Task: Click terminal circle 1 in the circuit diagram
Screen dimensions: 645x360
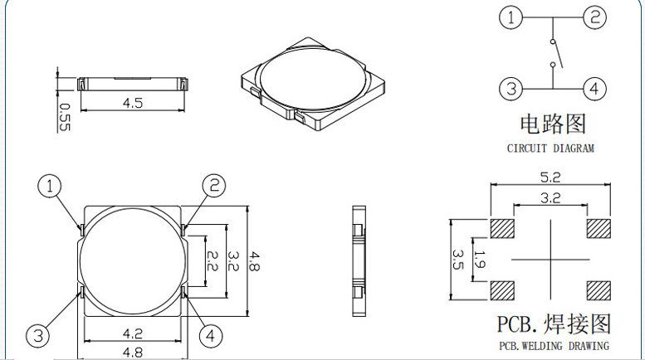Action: pyautogui.click(x=511, y=17)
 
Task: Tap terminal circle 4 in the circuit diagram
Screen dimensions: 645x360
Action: pyautogui.click(x=594, y=89)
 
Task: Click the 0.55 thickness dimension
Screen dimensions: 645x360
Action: pyautogui.click(x=65, y=117)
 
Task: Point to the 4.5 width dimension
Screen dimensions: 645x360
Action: pyautogui.click(x=133, y=103)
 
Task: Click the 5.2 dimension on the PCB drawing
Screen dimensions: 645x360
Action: pyautogui.click(x=550, y=178)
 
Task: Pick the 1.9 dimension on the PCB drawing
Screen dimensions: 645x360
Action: pyautogui.click(x=480, y=260)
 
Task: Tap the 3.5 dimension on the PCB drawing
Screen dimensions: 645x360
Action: pyautogui.click(x=458, y=260)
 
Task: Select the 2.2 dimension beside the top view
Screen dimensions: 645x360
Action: pyautogui.click(x=211, y=261)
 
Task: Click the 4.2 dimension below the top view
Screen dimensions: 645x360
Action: pyautogui.click(x=133, y=333)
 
